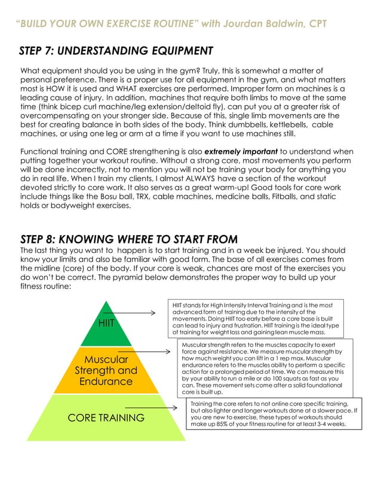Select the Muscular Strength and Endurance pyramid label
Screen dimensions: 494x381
click(x=106, y=370)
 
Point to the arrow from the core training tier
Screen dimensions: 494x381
click(x=154, y=407)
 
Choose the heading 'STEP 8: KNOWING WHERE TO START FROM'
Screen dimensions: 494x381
click(x=129, y=239)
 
